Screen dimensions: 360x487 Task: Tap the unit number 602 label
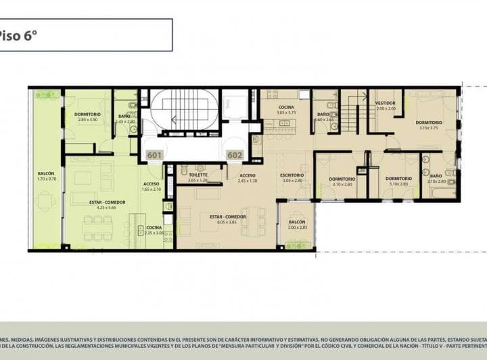(235, 155)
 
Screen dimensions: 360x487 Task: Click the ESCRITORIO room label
(292, 178)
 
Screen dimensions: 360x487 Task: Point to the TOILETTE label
(198, 178)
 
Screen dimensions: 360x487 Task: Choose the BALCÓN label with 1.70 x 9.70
(46, 177)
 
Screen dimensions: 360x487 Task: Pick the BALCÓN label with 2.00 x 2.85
(297, 225)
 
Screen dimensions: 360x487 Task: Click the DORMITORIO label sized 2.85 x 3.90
(88, 117)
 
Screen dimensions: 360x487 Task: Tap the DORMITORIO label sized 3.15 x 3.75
(428, 125)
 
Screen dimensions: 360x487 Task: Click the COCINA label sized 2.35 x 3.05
(154, 230)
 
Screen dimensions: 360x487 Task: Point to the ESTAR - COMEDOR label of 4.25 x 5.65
(106, 205)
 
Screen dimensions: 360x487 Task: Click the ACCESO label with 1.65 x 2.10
(152, 187)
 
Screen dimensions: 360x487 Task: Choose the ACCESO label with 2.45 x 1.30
(248, 178)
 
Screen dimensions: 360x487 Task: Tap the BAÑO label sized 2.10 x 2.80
(436, 179)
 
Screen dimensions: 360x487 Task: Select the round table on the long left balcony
(46, 200)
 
